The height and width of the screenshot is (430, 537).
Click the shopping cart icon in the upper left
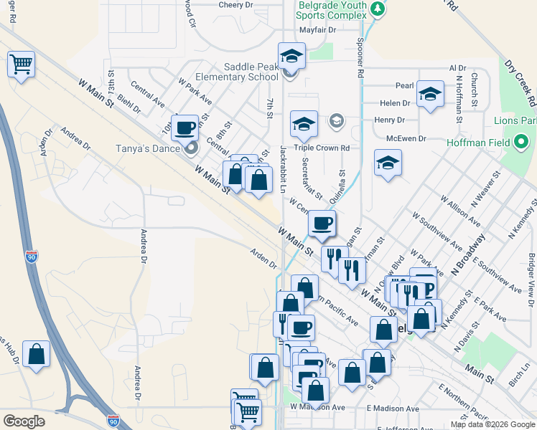(x=21, y=65)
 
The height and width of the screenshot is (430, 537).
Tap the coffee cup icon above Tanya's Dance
(x=185, y=128)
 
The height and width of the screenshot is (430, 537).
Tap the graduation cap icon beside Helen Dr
(x=430, y=94)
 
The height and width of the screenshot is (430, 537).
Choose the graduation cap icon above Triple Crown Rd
(x=304, y=123)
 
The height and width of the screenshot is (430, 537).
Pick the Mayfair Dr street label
(x=317, y=30)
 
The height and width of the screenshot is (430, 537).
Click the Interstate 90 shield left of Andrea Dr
(x=31, y=256)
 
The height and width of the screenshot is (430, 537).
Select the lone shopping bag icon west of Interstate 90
(x=36, y=354)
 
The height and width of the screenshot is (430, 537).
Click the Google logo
(x=24, y=421)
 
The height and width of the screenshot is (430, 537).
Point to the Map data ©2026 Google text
(x=492, y=424)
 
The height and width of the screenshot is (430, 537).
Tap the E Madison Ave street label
(x=393, y=408)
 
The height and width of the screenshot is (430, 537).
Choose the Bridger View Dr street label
(x=531, y=279)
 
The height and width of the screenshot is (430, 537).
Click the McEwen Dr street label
(x=406, y=138)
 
